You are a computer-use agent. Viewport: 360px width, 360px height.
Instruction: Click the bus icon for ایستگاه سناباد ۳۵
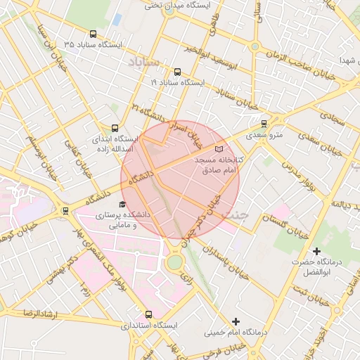(x=94, y=34)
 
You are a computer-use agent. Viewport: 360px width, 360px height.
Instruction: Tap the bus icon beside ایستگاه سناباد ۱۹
(x=176, y=72)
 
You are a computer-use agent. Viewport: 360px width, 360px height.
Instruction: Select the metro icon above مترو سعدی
(x=264, y=123)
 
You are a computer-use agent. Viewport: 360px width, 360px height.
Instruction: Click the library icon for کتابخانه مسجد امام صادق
(x=219, y=149)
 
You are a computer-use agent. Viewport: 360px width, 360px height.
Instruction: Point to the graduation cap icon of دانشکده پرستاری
(x=122, y=204)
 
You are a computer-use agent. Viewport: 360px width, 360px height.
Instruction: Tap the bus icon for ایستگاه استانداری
(x=148, y=314)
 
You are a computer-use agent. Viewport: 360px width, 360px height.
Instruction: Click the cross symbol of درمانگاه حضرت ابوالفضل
(x=316, y=251)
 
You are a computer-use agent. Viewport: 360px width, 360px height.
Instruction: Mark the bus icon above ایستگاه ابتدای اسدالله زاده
(x=115, y=127)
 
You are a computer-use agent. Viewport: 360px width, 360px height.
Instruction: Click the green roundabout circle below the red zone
(x=174, y=263)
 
